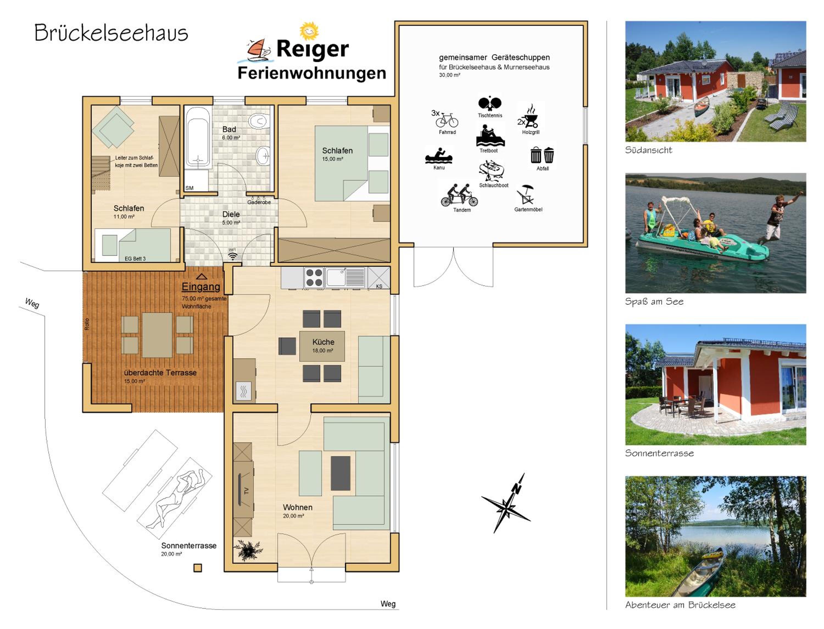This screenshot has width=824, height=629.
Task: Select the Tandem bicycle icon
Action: click(460, 195)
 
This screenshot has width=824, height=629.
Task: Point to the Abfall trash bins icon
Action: click(542, 155)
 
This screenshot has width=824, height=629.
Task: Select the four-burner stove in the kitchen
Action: click(314, 278)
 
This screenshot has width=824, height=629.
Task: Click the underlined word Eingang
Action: click(201, 287)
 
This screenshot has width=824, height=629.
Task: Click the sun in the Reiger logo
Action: click(309, 31)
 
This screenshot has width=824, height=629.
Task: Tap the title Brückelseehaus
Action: click(111, 33)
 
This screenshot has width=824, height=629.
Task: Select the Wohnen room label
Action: click(297, 507)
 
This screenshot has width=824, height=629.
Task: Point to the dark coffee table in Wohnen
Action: click(340, 473)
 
